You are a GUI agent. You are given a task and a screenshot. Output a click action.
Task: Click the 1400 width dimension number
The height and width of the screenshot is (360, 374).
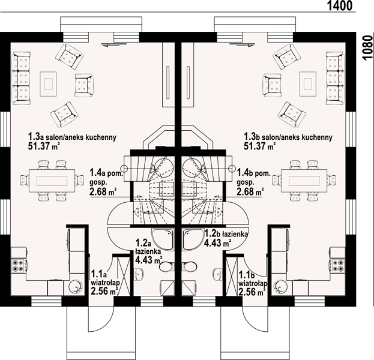[340, 6]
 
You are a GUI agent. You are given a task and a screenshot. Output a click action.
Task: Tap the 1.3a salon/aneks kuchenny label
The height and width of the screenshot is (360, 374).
[72, 137]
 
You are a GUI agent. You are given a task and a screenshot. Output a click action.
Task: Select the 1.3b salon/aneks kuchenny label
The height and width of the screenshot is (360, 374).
[288, 137]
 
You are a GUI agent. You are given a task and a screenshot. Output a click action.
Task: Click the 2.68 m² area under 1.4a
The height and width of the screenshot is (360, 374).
[103, 191]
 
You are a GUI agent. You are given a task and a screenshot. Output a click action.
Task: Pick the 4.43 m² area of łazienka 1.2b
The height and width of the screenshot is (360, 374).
[217, 243]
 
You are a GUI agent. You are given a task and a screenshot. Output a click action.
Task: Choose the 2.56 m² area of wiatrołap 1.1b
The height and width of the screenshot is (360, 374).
[252, 292]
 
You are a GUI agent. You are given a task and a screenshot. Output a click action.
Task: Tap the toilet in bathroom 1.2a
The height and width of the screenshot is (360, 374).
[166, 266]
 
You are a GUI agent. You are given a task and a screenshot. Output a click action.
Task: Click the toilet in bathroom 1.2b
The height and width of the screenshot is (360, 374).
[190, 266]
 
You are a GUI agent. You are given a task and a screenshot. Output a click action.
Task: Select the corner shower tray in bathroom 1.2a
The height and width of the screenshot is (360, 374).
[163, 239]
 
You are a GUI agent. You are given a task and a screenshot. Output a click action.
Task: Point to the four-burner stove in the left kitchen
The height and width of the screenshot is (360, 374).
[19, 266]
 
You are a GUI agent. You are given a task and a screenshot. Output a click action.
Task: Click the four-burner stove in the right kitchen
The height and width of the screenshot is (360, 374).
[338, 266]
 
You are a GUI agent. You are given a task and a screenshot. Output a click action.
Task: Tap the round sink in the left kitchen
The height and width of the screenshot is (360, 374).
[76, 286]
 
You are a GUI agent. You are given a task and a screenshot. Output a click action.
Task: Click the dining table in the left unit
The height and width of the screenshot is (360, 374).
[52, 181]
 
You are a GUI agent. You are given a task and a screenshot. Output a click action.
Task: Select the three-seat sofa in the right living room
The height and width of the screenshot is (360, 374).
[335, 79]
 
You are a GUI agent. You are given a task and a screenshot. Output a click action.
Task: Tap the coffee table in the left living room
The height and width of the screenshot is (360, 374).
[49, 84]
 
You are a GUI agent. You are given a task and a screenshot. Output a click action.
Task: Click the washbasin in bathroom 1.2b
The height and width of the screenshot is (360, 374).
[218, 274]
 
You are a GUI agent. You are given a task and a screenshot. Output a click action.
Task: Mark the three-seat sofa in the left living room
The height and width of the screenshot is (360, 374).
[21, 79]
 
